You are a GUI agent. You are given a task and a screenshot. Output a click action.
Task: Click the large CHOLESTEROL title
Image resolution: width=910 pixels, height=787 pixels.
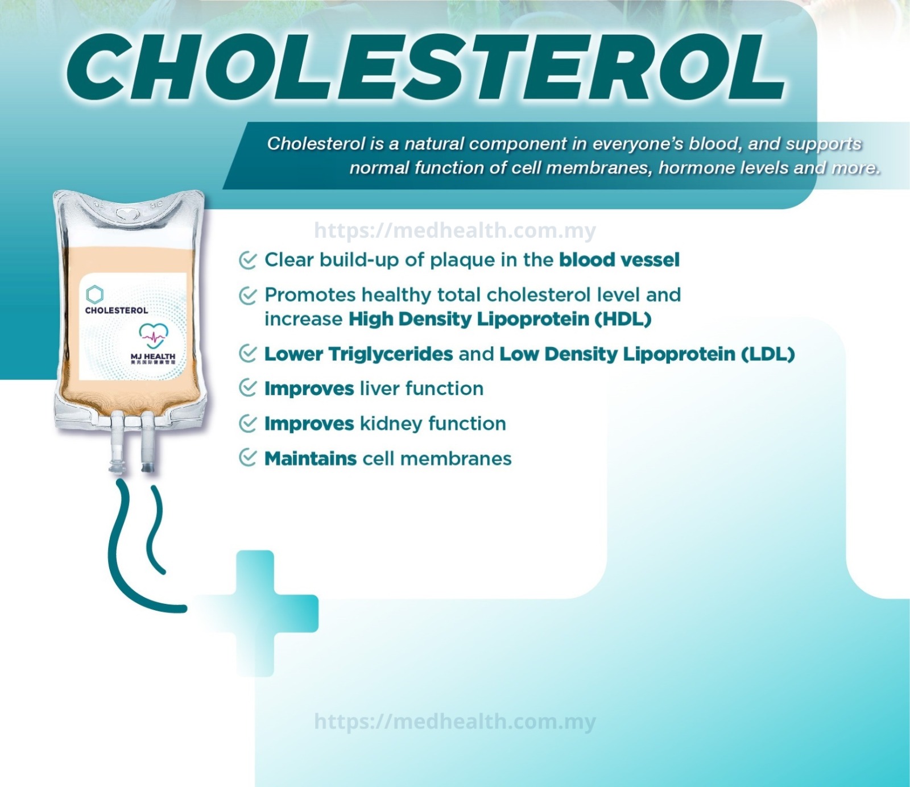[x=427, y=67]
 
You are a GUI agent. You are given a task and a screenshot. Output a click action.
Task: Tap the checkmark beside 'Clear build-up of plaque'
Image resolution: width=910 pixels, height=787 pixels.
[x=247, y=260]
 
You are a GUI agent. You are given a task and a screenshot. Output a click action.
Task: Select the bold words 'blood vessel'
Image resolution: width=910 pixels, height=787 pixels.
[x=619, y=260]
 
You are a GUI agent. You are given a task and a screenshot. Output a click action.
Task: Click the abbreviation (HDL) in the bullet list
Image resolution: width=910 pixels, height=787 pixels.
[x=623, y=319]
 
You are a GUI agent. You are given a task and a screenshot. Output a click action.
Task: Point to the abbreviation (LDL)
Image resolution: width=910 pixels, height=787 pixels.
[x=768, y=354]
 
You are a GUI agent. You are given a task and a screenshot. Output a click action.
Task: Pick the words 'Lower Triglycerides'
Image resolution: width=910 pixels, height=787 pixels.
[x=358, y=354]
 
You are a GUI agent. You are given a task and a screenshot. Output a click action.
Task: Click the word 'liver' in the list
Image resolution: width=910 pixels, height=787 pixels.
[x=379, y=389]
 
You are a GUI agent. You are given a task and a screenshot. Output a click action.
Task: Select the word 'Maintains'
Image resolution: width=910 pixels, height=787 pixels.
[x=310, y=458]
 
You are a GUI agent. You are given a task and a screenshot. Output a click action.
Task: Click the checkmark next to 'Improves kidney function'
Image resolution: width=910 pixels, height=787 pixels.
[x=247, y=424]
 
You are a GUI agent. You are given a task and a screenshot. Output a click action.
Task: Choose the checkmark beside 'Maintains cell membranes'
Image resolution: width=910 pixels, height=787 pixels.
[x=247, y=458]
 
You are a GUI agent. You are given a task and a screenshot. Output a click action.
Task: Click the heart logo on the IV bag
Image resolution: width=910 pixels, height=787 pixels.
[x=154, y=335]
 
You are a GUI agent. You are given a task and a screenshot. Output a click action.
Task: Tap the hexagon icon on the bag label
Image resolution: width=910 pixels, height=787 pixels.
[x=95, y=294]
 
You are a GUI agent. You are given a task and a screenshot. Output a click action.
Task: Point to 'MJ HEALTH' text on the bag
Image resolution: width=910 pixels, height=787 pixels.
[x=152, y=356]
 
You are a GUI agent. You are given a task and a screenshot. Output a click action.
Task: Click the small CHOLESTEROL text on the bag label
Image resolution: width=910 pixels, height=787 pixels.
[x=117, y=310]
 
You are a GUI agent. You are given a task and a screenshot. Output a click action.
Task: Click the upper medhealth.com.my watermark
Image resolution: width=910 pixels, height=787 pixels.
[x=454, y=230]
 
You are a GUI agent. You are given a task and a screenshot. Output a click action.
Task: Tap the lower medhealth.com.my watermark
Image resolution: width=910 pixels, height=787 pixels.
[x=454, y=722]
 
